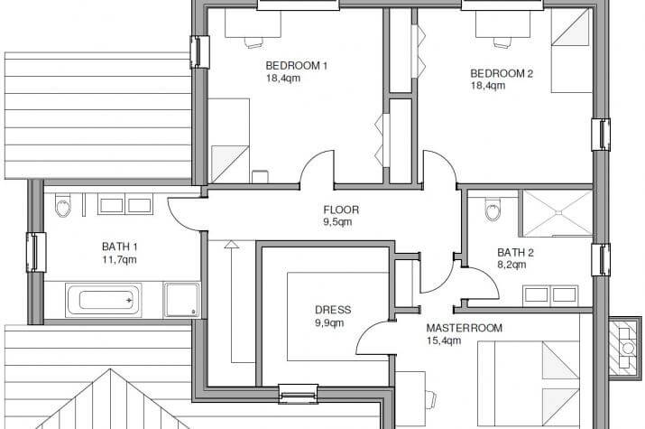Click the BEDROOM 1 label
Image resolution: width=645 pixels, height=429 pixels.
pos(296,65)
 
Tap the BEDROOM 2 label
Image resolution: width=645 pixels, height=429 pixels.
pos(502,74)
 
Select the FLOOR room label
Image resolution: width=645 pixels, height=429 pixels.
pos(341,210)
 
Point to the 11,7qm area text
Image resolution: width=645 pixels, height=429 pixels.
pos(119,260)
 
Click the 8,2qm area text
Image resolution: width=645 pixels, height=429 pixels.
pos(511,265)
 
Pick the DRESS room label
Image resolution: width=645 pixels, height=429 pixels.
pos(333,310)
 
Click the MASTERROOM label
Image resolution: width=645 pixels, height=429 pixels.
pos(464,328)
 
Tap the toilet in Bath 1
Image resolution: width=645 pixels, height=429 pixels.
pos(63,205)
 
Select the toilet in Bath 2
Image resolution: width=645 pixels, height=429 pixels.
pos(493,210)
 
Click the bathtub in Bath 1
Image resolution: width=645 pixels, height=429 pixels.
pos(103,300)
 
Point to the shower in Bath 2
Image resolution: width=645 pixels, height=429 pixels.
pos(557,213)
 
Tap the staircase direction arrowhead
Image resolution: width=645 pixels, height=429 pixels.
pos(232,245)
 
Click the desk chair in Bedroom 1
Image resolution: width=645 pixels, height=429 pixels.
pos(253,42)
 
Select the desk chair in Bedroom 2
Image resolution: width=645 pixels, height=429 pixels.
pos(502,42)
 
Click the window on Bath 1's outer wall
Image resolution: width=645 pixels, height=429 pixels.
pos(36,252)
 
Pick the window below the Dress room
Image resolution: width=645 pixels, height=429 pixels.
pos(299,393)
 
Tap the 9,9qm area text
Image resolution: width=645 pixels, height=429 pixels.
pos(329,322)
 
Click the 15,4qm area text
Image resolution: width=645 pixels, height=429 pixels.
pos(444,340)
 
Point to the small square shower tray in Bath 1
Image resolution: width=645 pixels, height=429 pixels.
pos(182,300)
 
